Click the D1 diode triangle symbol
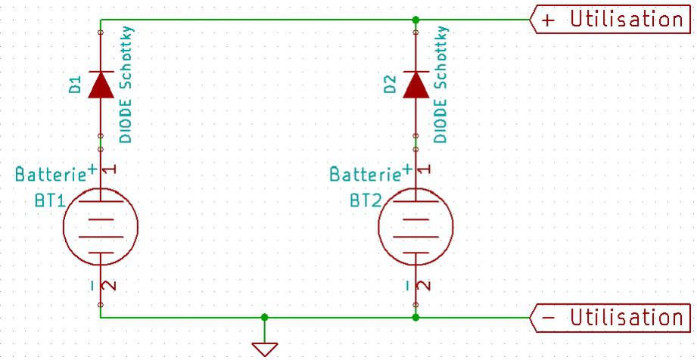click(x=100, y=86)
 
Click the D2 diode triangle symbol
click(x=415, y=86)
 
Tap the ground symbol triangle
click(x=264, y=348)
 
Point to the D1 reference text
click(x=75, y=85)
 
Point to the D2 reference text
click(x=390, y=85)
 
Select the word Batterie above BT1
click(x=51, y=175)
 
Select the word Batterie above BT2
click(x=366, y=175)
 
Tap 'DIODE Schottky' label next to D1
click(x=126, y=85)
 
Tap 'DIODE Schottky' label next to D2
click(x=441, y=85)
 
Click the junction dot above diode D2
click(x=415, y=20)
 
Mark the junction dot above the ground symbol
click(x=264, y=318)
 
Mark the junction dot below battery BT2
click(x=415, y=318)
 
